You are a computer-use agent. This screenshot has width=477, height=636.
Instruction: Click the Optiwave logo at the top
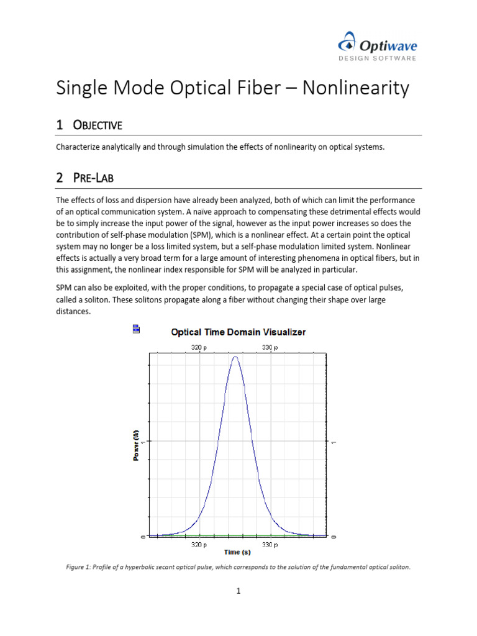[x=378, y=45]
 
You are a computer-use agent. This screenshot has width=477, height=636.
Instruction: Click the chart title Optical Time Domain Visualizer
[x=238, y=332]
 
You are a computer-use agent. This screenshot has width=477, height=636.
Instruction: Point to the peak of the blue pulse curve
[x=235, y=357]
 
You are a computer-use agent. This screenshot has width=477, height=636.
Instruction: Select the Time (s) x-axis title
[x=237, y=552]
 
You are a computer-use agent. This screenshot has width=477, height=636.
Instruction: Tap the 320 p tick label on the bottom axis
[x=199, y=544]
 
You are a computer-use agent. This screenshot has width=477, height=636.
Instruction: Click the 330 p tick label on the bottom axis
[x=268, y=544]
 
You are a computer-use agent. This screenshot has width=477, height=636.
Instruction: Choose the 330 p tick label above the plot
[x=268, y=347]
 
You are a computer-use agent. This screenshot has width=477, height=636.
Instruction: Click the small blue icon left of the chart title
[x=136, y=329]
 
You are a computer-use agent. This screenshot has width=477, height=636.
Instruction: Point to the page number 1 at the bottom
[x=238, y=591]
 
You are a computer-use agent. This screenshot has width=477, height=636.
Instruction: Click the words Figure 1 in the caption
[x=80, y=567]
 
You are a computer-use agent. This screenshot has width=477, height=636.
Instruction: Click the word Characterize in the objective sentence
[x=78, y=147]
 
